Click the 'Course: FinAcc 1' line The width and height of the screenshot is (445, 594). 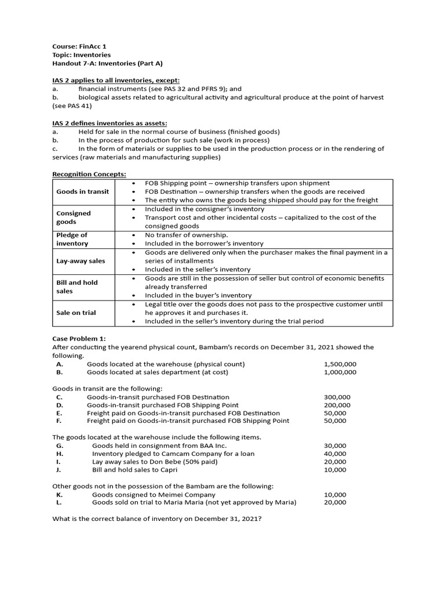coord(79,46)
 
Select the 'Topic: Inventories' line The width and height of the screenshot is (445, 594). coord(81,55)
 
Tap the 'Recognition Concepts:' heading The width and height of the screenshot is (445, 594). coord(89,174)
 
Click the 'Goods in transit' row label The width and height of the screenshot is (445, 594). coord(82,191)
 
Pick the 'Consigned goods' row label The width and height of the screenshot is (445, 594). coord(74,218)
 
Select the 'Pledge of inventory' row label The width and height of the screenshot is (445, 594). coord(72,239)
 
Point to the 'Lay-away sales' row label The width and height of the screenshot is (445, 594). coord(81,261)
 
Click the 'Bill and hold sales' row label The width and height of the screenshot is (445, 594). coord(77,287)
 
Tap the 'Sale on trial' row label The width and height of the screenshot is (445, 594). coord(76,313)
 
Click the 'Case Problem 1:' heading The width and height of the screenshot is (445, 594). coord(79,339)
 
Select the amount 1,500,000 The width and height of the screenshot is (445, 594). coord(340,364)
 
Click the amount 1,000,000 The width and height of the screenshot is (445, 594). coord(340,372)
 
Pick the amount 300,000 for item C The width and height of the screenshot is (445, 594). coord(337,397)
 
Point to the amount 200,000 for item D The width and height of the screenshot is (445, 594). coord(337,405)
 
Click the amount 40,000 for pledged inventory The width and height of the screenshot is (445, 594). coord(335,454)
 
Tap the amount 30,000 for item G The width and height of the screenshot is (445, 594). coord(335,445)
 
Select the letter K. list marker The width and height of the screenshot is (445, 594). coord(60,495)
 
